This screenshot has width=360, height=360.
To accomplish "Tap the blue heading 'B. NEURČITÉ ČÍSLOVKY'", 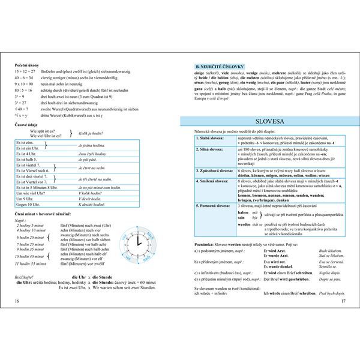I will (x=215, y=65).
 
